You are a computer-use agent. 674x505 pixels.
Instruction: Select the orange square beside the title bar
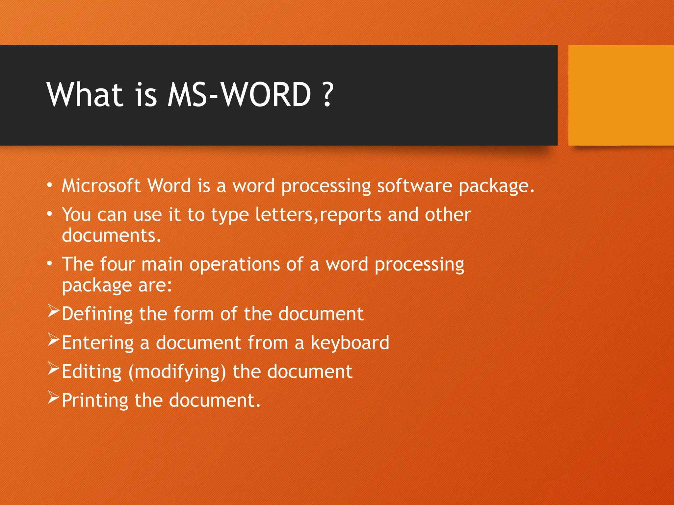[621, 95]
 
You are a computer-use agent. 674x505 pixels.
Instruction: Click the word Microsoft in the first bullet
[101, 186]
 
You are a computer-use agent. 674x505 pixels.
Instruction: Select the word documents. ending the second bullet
[112, 236]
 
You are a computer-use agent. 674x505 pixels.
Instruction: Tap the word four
[117, 264]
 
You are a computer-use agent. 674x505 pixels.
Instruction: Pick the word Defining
[97, 314]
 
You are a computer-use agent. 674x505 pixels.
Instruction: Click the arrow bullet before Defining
[53, 311]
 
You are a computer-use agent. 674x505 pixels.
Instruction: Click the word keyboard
[350, 343]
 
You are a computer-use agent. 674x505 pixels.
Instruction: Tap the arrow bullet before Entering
[53, 340]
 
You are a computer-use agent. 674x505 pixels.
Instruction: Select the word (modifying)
[177, 372]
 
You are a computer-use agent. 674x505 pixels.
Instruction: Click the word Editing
[92, 372]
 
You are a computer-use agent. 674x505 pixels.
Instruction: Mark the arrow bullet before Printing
[53, 397]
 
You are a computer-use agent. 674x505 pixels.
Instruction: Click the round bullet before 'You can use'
[49, 214]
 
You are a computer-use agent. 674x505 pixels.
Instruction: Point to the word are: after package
[155, 285]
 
